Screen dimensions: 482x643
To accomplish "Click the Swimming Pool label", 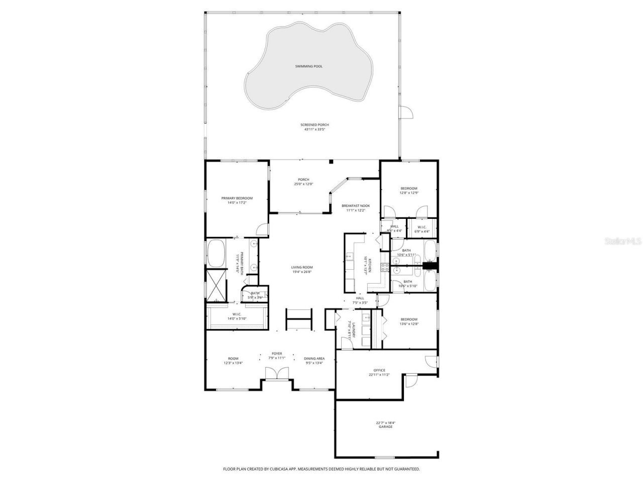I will point(308,66).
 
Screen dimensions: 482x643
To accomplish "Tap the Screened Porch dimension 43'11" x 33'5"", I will point(314,129).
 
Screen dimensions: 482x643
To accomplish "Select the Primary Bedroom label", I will point(237,198).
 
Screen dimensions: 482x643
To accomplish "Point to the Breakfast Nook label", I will point(356,206).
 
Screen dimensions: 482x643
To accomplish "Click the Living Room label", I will point(302,267).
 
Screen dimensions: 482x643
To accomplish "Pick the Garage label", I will point(386,427).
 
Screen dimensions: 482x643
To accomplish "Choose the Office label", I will point(379,370).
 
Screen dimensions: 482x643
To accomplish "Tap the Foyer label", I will point(277,353).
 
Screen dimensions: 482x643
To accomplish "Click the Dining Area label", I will point(314,358).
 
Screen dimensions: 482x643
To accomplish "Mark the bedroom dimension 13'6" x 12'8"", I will point(409,324).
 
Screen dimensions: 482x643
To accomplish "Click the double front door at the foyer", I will point(277,374).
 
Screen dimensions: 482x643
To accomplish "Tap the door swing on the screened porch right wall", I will point(406,113).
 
